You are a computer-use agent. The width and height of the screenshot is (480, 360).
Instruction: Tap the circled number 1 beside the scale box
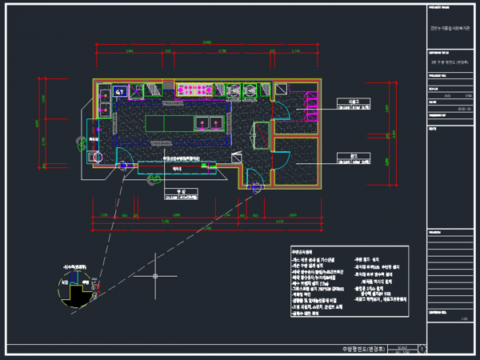coord(422,350)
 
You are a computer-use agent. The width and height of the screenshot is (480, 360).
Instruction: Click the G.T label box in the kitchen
coord(120,93)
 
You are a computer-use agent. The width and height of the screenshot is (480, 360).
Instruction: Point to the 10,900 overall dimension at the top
coord(206,42)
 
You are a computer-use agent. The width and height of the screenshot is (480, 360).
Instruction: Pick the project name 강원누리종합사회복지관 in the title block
coord(451,31)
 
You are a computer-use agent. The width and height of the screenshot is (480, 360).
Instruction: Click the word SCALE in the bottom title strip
coord(402,346)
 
